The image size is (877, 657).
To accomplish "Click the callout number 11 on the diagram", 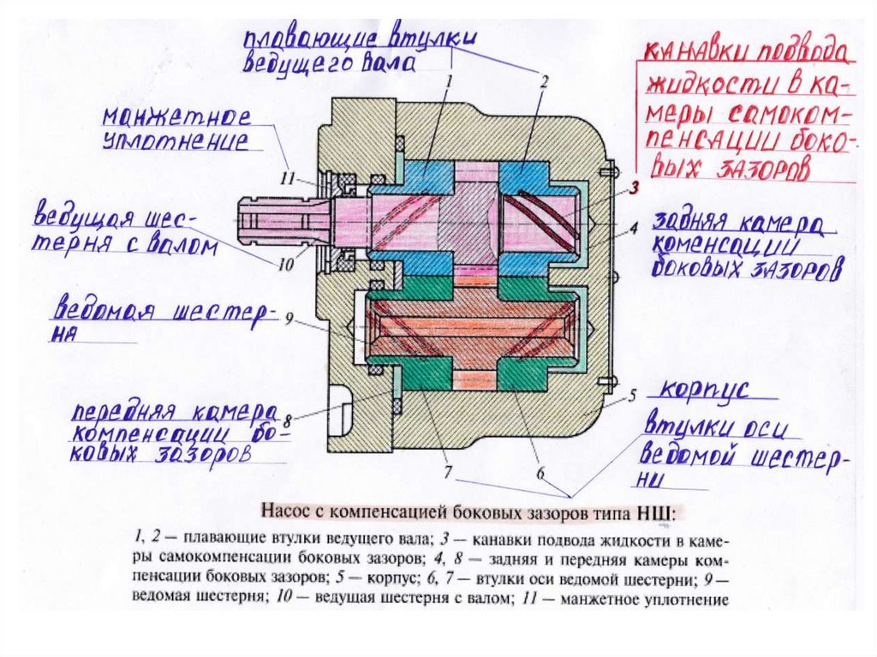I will click(x=286, y=178).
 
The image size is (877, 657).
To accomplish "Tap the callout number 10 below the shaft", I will click(x=285, y=265).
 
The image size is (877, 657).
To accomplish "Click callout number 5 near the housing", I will click(x=631, y=396).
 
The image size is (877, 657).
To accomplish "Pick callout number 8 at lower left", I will click(x=289, y=420).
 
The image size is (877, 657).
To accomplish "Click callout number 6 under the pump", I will click(x=540, y=472).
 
